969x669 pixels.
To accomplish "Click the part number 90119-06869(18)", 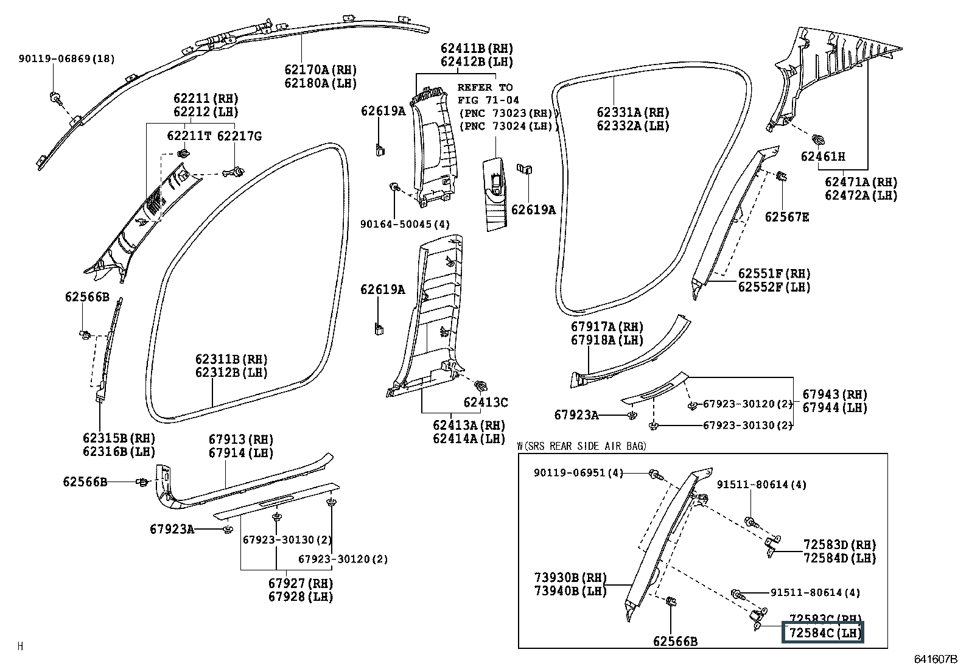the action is pyautogui.click(x=66, y=58).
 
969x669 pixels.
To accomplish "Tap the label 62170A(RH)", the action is pyautogui.click(x=321, y=69).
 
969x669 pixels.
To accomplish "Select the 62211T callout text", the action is pyautogui.click(x=189, y=136).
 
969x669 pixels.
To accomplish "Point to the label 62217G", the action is pyautogui.click(x=239, y=136).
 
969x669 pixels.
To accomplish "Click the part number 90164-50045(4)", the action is pyautogui.click(x=405, y=224).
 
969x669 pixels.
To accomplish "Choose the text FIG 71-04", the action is pyautogui.click(x=488, y=100).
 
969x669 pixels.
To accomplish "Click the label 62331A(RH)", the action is pyautogui.click(x=633, y=113).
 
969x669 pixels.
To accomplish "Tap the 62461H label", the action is pyautogui.click(x=823, y=156).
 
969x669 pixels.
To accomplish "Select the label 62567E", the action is pyautogui.click(x=787, y=217).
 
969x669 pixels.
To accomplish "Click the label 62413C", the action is pyautogui.click(x=485, y=402).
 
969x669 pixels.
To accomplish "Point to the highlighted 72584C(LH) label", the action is pyautogui.click(x=822, y=632).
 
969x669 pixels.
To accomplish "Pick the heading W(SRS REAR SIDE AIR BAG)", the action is pyautogui.click(x=581, y=446).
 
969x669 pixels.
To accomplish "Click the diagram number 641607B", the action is pyautogui.click(x=936, y=659).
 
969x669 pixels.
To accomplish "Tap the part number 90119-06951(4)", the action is pyautogui.click(x=578, y=472).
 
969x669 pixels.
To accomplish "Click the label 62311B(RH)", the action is pyautogui.click(x=231, y=359).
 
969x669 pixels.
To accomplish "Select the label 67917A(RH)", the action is pyautogui.click(x=607, y=327).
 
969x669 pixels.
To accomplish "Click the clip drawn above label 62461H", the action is pyautogui.click(x=818, y=139).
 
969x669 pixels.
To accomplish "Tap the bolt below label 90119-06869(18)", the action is pyautogui.click(x=55, y=98).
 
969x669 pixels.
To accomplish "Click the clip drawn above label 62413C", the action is pyautogui.click(x=481, y=385).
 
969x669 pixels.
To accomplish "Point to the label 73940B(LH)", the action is pyautogui.click(x=570, y=590).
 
